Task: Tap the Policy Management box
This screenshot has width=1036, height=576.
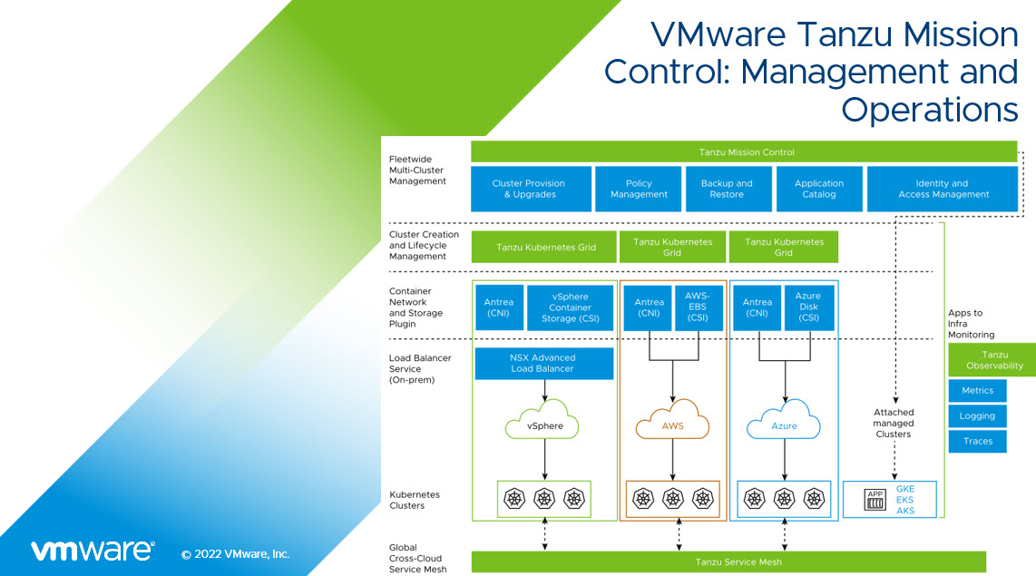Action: coord(639,189)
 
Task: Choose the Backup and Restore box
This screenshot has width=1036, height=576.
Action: coord(727,189)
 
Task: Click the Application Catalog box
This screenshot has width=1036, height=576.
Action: coord(819,189)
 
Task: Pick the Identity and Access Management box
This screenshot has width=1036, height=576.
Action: coord(942,189)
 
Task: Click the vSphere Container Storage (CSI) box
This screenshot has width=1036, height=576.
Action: coord(570,308)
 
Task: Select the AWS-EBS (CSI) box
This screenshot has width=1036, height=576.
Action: coord(697,308)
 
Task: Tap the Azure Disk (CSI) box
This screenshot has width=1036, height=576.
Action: coord(807,308)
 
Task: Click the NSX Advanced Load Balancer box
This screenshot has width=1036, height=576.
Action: coord(544,364)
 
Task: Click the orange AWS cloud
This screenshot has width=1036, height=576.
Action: coord(672,425)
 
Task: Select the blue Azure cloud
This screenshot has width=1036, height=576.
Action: coord(784,425)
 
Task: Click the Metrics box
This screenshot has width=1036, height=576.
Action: coord(977,391)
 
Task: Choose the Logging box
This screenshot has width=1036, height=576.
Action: coord(977,416)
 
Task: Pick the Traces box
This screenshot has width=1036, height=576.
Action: coord(977,442)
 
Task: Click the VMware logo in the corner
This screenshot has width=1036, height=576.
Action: coord(93,551)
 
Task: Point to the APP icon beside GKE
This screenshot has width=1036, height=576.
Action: coord(875,500)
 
